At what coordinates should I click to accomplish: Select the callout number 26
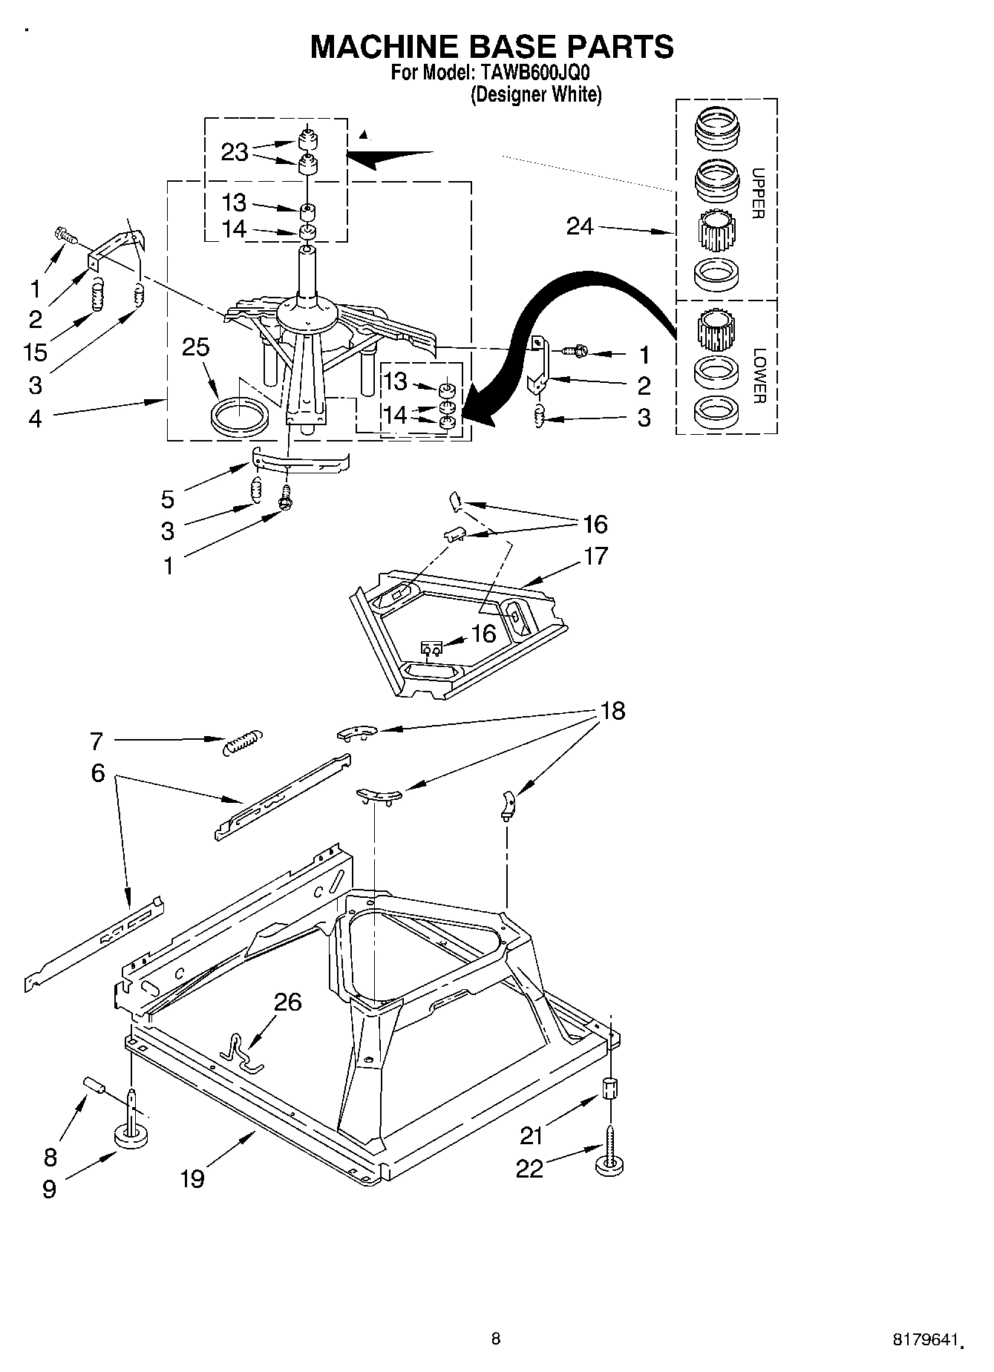(x=287, y=1002)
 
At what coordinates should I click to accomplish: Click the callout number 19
(x=192, y=1178)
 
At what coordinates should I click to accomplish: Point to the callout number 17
(x=595, y=556)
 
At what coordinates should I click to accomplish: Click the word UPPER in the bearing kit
(x=758, y=193)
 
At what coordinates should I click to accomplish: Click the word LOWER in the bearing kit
(x=758, y=375)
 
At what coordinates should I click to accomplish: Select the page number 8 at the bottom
(x=496, y=1339)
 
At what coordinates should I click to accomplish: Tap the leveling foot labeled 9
(x=131, y=1135)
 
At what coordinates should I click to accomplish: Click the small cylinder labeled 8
(x=94, y=1085)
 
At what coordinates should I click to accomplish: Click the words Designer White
(x=535, y=95)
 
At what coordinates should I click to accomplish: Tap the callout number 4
(x=36, y=419)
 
